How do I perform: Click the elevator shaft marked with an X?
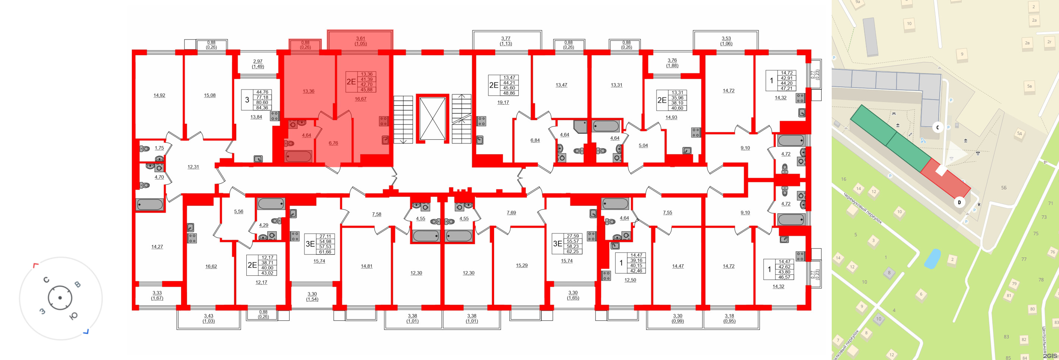(x=432, y=119)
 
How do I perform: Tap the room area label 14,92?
(x=159, y=95)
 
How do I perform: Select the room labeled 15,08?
(x=210, y=95)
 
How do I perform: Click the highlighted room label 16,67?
(x=361, y=99)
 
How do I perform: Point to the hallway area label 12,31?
(x=193, y=167)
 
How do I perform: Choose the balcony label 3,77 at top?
(x=506, y=39)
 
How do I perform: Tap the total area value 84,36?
(x=262, y=108)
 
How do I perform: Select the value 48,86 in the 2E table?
(x=509, y=93)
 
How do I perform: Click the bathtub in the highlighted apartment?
(x=298, y=156)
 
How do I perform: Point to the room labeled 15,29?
(x=522, y=265)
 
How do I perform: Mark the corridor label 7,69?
(x=511, y=213)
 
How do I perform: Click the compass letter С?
(x=47, y=280)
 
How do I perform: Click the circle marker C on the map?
(x=938, y=127)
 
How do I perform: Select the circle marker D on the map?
(x=960, y=202)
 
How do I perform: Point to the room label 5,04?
(x=643, y=145)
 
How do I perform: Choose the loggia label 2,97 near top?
(x=258, y=61)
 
